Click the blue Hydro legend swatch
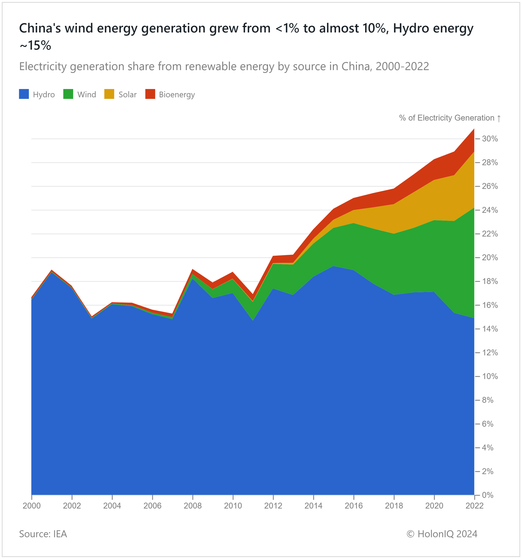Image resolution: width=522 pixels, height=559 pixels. coord(24,94)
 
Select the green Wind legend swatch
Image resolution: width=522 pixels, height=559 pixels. coord(68,94)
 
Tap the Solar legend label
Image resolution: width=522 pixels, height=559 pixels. coord(127,95)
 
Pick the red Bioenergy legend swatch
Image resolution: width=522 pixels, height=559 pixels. coord(150,94)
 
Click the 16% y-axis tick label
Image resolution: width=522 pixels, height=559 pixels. coord(490,305)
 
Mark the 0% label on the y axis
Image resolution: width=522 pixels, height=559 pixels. coord(488,495)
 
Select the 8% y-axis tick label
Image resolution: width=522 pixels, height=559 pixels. coord(488,400)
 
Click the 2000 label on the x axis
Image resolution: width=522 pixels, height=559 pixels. coord(32,506)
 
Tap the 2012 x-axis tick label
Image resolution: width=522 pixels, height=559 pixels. coord(273,506)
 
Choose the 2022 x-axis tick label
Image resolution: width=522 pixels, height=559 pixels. coord(474,506)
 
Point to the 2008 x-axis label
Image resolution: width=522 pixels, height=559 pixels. coord(193,506)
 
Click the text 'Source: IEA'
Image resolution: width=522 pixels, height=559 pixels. coord(43,534)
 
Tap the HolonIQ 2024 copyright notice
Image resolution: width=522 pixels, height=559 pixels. coord(442,534)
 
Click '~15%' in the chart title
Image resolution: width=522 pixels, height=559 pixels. coord(35,45)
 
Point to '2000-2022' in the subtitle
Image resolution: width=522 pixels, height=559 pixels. coord(402,67)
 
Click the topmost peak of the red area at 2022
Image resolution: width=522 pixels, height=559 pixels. coord(474,129)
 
